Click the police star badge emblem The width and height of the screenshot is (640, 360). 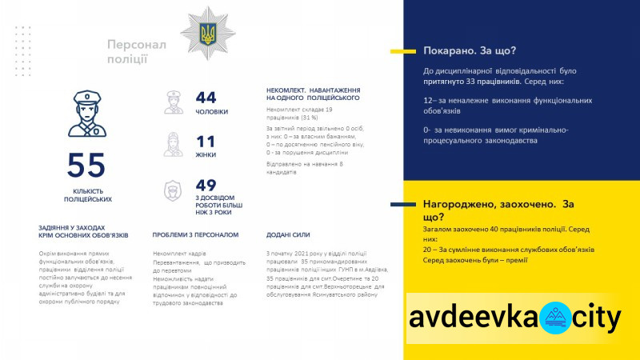tap(207, 33)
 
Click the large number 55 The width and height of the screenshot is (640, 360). tap(86, 166)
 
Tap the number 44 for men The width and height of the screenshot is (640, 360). tap(206, 98)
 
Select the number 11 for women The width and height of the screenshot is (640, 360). tap(206, 142)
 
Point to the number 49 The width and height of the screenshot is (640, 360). tap(206, 186)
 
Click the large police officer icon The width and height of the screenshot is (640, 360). tap(86, 112)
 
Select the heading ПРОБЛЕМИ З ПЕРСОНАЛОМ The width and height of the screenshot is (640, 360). tap(195, 235)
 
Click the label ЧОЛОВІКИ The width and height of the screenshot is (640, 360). tap(212, 112)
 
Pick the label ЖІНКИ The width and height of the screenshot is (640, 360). tap(206, 155)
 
